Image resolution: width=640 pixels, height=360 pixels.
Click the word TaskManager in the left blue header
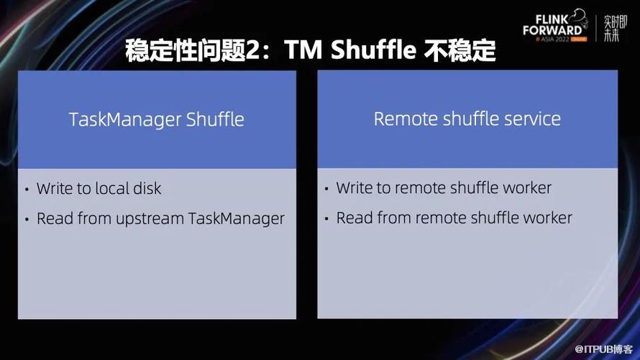click(125, 120)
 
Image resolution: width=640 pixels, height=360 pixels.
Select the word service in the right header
click(532, 119)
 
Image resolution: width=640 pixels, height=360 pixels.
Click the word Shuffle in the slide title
click(373, 50)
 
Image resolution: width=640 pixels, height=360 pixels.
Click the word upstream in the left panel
click(150, 219)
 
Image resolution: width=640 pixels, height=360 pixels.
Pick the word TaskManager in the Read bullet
click(237, 219)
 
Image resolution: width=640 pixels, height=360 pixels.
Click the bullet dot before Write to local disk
click(27, 189)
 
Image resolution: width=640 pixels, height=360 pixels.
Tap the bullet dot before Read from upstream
click(27, 219)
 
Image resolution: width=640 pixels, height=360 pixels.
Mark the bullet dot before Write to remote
click(326, 188)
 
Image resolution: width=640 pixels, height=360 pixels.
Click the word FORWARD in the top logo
click(553, 30)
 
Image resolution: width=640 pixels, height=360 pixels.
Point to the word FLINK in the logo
click(552, 19)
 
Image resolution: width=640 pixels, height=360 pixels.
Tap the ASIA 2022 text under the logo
click(554, 40)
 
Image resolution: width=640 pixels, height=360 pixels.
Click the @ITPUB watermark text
click(603, 349)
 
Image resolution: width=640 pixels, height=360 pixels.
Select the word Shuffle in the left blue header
click(215, 119)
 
